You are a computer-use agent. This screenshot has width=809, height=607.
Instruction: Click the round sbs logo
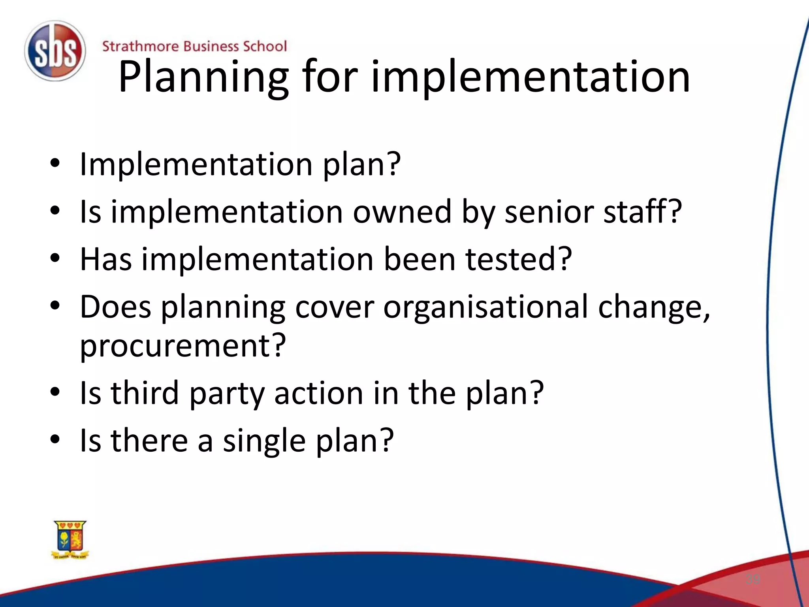(x=55, y=51)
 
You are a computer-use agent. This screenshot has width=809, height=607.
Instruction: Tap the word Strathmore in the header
(x=140, y=46)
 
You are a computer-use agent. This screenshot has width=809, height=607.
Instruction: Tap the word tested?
(x=519, y=260)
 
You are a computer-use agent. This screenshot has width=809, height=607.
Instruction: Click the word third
(x=145, y=393)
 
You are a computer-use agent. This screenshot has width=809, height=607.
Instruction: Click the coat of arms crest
(x=70, y=540)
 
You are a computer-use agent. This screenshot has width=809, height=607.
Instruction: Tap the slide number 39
(x=753, y=579)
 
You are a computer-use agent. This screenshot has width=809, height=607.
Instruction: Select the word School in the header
(x=264, y=46)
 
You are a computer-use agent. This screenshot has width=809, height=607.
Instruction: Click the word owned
(x=402, y=212)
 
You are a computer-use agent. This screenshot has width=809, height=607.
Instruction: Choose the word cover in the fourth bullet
(x=334, y=307)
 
